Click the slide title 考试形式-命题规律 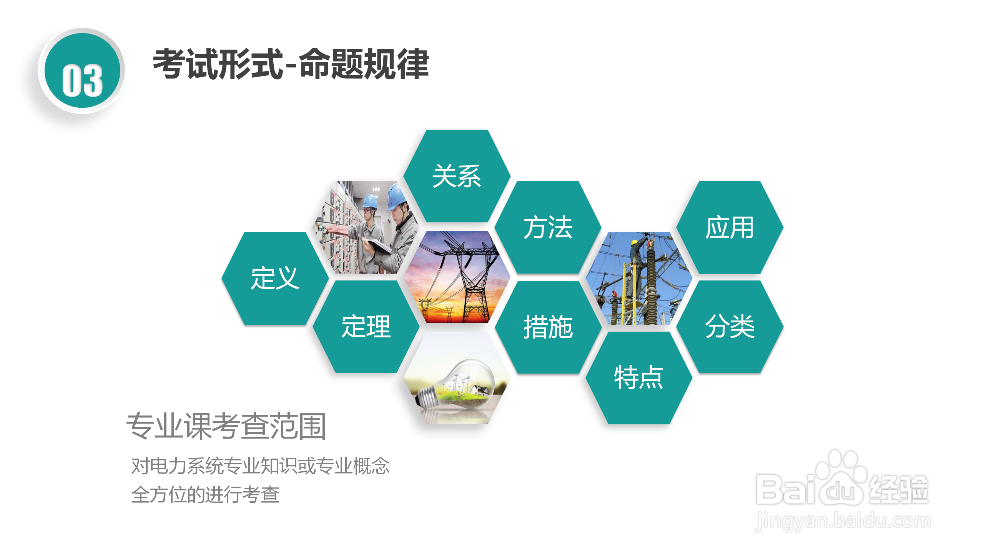pos(291,64)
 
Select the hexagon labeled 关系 pos(457,176)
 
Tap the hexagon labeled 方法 pos(548,227)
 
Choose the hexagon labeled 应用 pos(730,227)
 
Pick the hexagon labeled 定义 pos(275,278)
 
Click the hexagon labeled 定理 pos(366,327)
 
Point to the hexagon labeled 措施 pos(548,327)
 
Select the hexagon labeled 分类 pos(730,327)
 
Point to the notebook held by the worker pos(379,246)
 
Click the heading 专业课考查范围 pos(226,426)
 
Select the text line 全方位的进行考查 pos(205,494)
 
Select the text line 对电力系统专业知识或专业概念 pos(260,466)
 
